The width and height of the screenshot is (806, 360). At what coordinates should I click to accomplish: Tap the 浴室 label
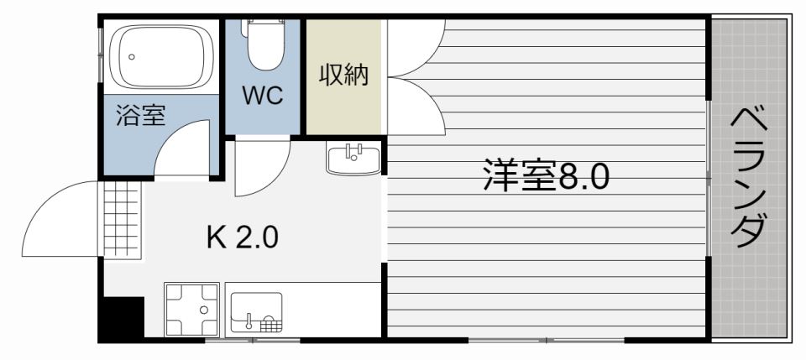coord(140,116)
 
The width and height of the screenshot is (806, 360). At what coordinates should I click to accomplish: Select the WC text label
coord(264,95)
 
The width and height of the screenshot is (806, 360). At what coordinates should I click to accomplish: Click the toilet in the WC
coord(263,46)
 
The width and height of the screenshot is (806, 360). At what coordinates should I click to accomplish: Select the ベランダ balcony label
coord(749,178)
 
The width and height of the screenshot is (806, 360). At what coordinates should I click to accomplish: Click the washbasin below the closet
coord(353,157)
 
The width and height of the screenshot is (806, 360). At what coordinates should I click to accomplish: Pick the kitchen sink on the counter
coord(255,313)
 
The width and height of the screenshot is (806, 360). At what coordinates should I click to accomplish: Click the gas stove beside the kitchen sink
coord(192,310)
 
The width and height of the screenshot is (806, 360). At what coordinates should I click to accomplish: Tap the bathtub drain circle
coord(130,57)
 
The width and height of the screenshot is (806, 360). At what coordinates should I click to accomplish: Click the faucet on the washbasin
coord(353,152)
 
